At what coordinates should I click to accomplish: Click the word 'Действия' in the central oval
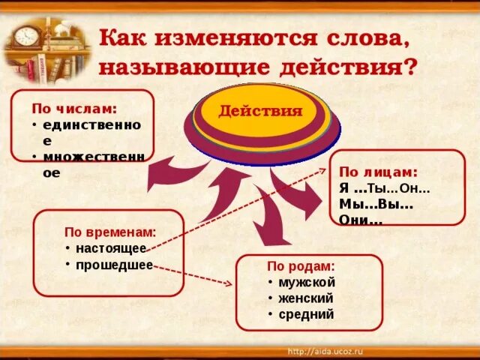[x=260, y=112]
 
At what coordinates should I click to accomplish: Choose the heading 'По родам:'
[x=301, y=266]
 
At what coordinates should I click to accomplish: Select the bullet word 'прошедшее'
[x=113, y=265]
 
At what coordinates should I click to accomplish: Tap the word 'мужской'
[x=307, y=282]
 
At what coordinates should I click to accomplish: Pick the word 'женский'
[x=306, y=298]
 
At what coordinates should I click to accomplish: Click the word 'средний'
[x=305, y=315]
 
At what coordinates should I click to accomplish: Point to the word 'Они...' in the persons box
[x=361, y=220]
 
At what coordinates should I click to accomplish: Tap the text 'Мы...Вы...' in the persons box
[x=376, y=204]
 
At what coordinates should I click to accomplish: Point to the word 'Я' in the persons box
[x=344, y=188]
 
